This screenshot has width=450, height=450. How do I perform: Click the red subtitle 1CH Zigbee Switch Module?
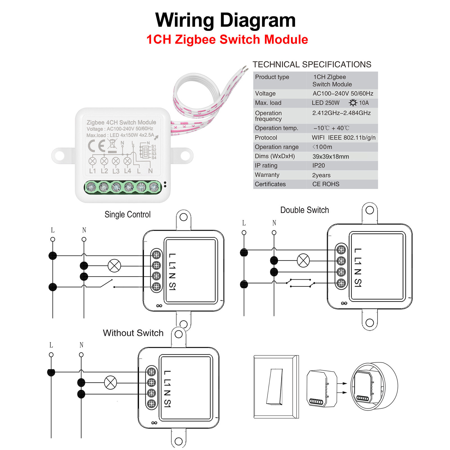tap(227, 39)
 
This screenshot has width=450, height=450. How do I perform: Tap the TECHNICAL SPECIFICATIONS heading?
tap(312, 64)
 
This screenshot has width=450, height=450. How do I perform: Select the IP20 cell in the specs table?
tap(318, 166)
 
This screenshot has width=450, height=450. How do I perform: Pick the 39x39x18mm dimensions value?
tap(331, 157)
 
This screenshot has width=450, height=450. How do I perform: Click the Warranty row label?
tap(267, 175)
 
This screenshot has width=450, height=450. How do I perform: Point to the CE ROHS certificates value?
tap(326, 184)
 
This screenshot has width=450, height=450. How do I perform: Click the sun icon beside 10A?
tap(353, 103)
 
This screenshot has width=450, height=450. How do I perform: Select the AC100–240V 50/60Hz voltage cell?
tap(343, 94)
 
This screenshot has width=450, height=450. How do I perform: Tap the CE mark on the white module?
tap(96, 146)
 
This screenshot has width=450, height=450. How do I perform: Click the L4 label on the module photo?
tap(128, 171)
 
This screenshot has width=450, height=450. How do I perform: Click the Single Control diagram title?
tap(127, 214)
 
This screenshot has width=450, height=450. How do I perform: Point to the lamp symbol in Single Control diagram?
tap(114, 266)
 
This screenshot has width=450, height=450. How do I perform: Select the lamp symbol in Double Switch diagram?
tap(303, 261)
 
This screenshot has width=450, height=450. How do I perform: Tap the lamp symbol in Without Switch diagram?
tap(110, 383)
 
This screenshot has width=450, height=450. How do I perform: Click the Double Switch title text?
tap(304, 210)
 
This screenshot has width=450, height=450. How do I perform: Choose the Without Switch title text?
tap(133, 333)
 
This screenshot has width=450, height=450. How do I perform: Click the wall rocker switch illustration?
tap(275, 387)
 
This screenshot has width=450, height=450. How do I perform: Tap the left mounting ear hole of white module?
tap(60, 155)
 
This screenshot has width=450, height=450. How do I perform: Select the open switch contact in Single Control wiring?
tap(107, 283)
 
